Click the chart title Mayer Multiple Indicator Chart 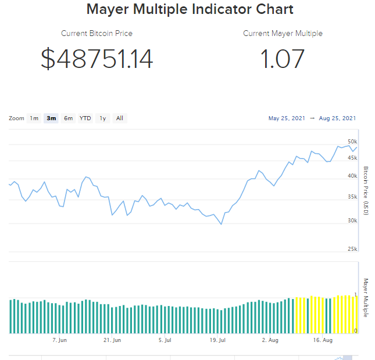click(x=190, y=9)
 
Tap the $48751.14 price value click(x=97, y=59)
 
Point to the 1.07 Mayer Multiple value click(x=283, y=59)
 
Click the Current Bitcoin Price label click(x=97, y=34)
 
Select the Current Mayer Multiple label click(x=283, y=34)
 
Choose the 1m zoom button click(x=34, y=118)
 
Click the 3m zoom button click(x=51, y=118)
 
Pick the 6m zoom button click(x=69, y=118)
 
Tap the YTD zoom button click(x=85, y=118)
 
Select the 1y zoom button click(x=103, y=118)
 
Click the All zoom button click(x=120, y=118)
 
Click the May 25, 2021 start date click(x=287, y=118)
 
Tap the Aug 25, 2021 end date click(x=337, y=118)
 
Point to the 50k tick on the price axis click(x=352, y=142)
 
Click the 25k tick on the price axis click(x=352, y=249)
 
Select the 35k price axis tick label click(x=352, y=197)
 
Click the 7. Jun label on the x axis click(x=59, y=340)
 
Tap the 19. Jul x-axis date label click(x=217, y=340)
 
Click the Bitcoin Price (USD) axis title click(x=366, y=191)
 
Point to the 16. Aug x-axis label click(x=323, y=340)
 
